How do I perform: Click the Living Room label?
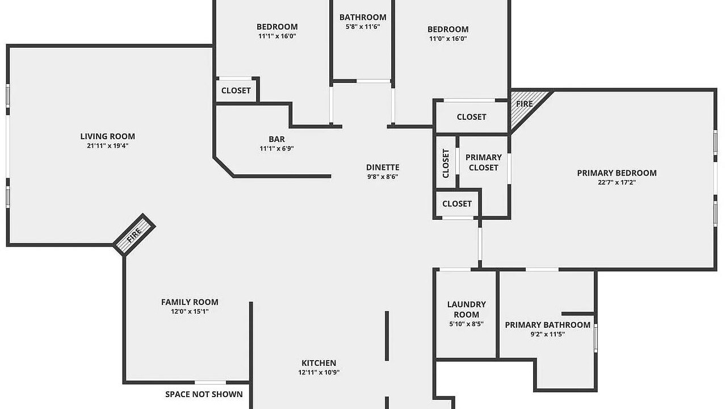(107, 136)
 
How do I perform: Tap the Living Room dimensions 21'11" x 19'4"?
(107, 146)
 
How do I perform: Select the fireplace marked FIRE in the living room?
(135, 235)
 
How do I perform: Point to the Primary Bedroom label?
(617, 173)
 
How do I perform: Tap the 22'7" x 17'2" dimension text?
(617, 182)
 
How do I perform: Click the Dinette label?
(383, 168)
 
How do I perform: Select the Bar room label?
(276, 139)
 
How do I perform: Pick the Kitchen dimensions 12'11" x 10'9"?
(319, 373)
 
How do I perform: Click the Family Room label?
(190, 302)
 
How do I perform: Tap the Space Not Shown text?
(204, 394)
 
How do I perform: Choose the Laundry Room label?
(466, 309)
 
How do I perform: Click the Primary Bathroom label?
(548, 325)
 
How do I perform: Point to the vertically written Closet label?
(446, 163)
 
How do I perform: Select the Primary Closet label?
(484, 162)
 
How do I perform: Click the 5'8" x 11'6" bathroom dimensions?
(363, 27)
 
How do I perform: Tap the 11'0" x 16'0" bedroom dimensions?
(448, 39)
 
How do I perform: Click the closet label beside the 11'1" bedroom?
(236, 91)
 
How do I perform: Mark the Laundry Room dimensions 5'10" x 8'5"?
(466, 324)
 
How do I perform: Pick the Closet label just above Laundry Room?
(457, 204)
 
